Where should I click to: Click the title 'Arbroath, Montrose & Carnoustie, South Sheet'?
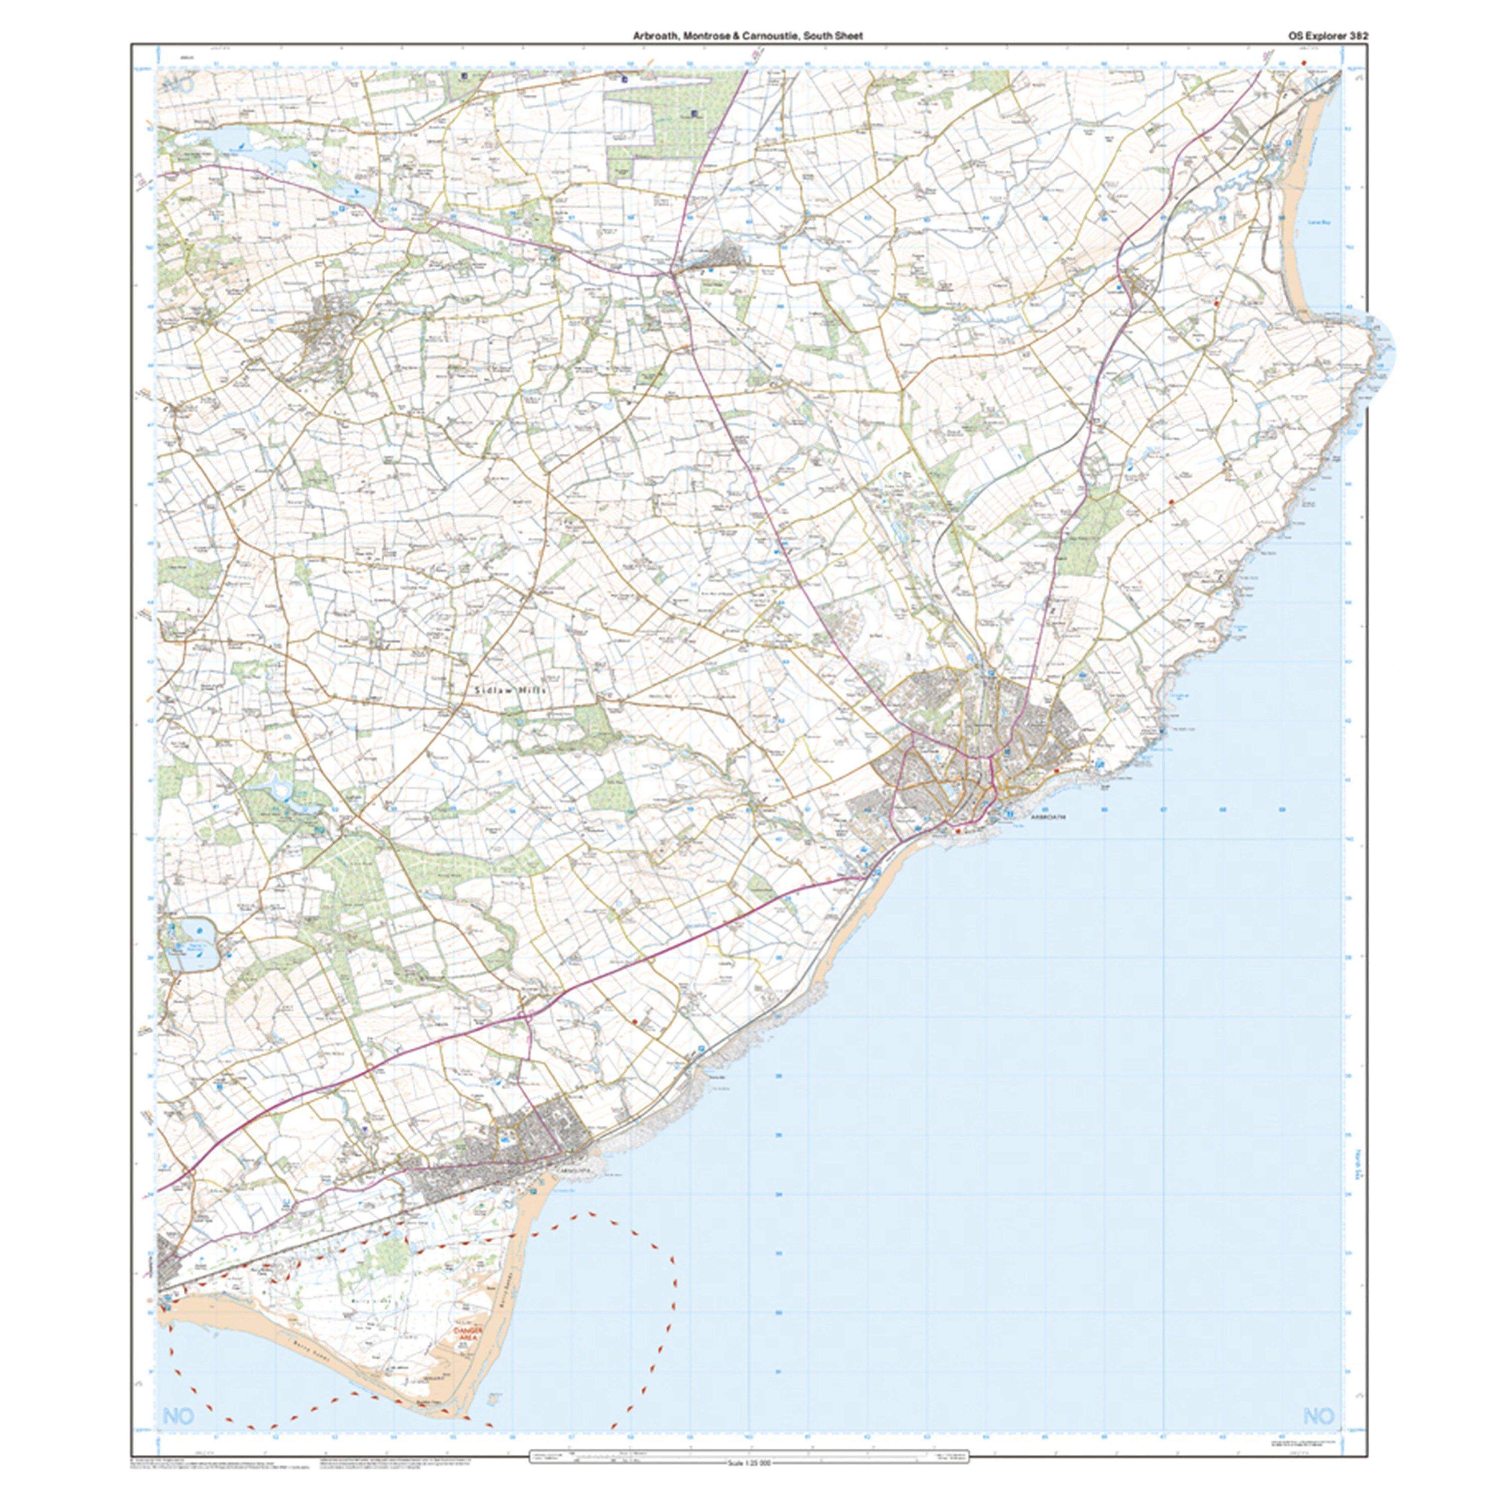pos(747,36)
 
